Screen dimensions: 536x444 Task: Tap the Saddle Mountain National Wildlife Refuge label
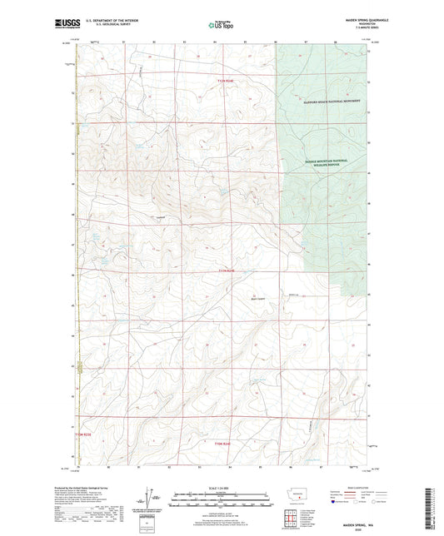click(318, 164)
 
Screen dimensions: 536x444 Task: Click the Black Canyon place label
click(260, 295)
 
